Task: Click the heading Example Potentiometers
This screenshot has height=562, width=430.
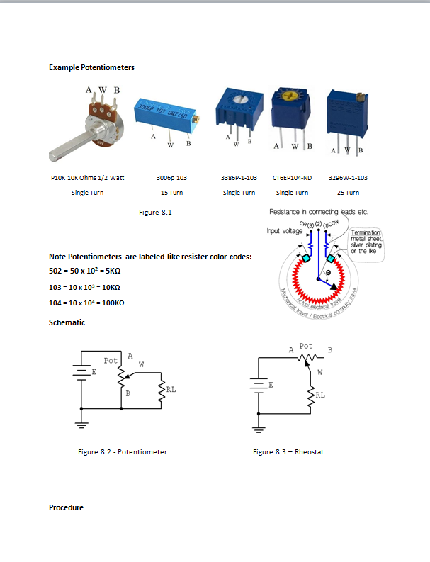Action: click(91, 67)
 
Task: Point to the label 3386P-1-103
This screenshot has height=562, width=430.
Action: click(238, 178)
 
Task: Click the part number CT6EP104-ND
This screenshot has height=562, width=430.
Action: click(292, 178)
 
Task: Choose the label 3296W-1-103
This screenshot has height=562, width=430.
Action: click(348, 178)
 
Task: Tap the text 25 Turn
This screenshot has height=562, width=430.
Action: click(348, 192)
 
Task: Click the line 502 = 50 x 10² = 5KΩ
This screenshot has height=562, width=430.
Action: click(89, 270)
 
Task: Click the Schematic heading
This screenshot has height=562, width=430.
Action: click(67, 322)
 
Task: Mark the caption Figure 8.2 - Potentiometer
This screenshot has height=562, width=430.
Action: click(122, 451)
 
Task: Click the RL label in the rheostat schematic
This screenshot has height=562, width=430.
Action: click(321, 394)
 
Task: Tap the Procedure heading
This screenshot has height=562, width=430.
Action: click(66, 507)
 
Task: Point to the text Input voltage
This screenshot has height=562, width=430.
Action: click(284, 230)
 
